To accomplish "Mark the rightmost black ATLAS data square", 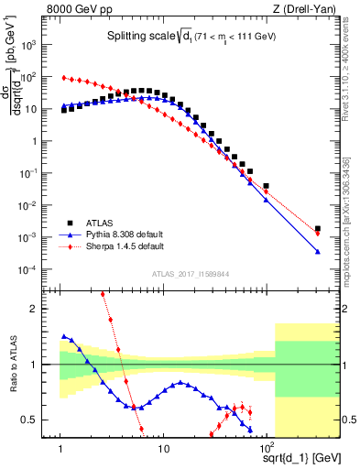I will [x=317, y=229].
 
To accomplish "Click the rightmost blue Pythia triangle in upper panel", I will [x=317, y=252].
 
